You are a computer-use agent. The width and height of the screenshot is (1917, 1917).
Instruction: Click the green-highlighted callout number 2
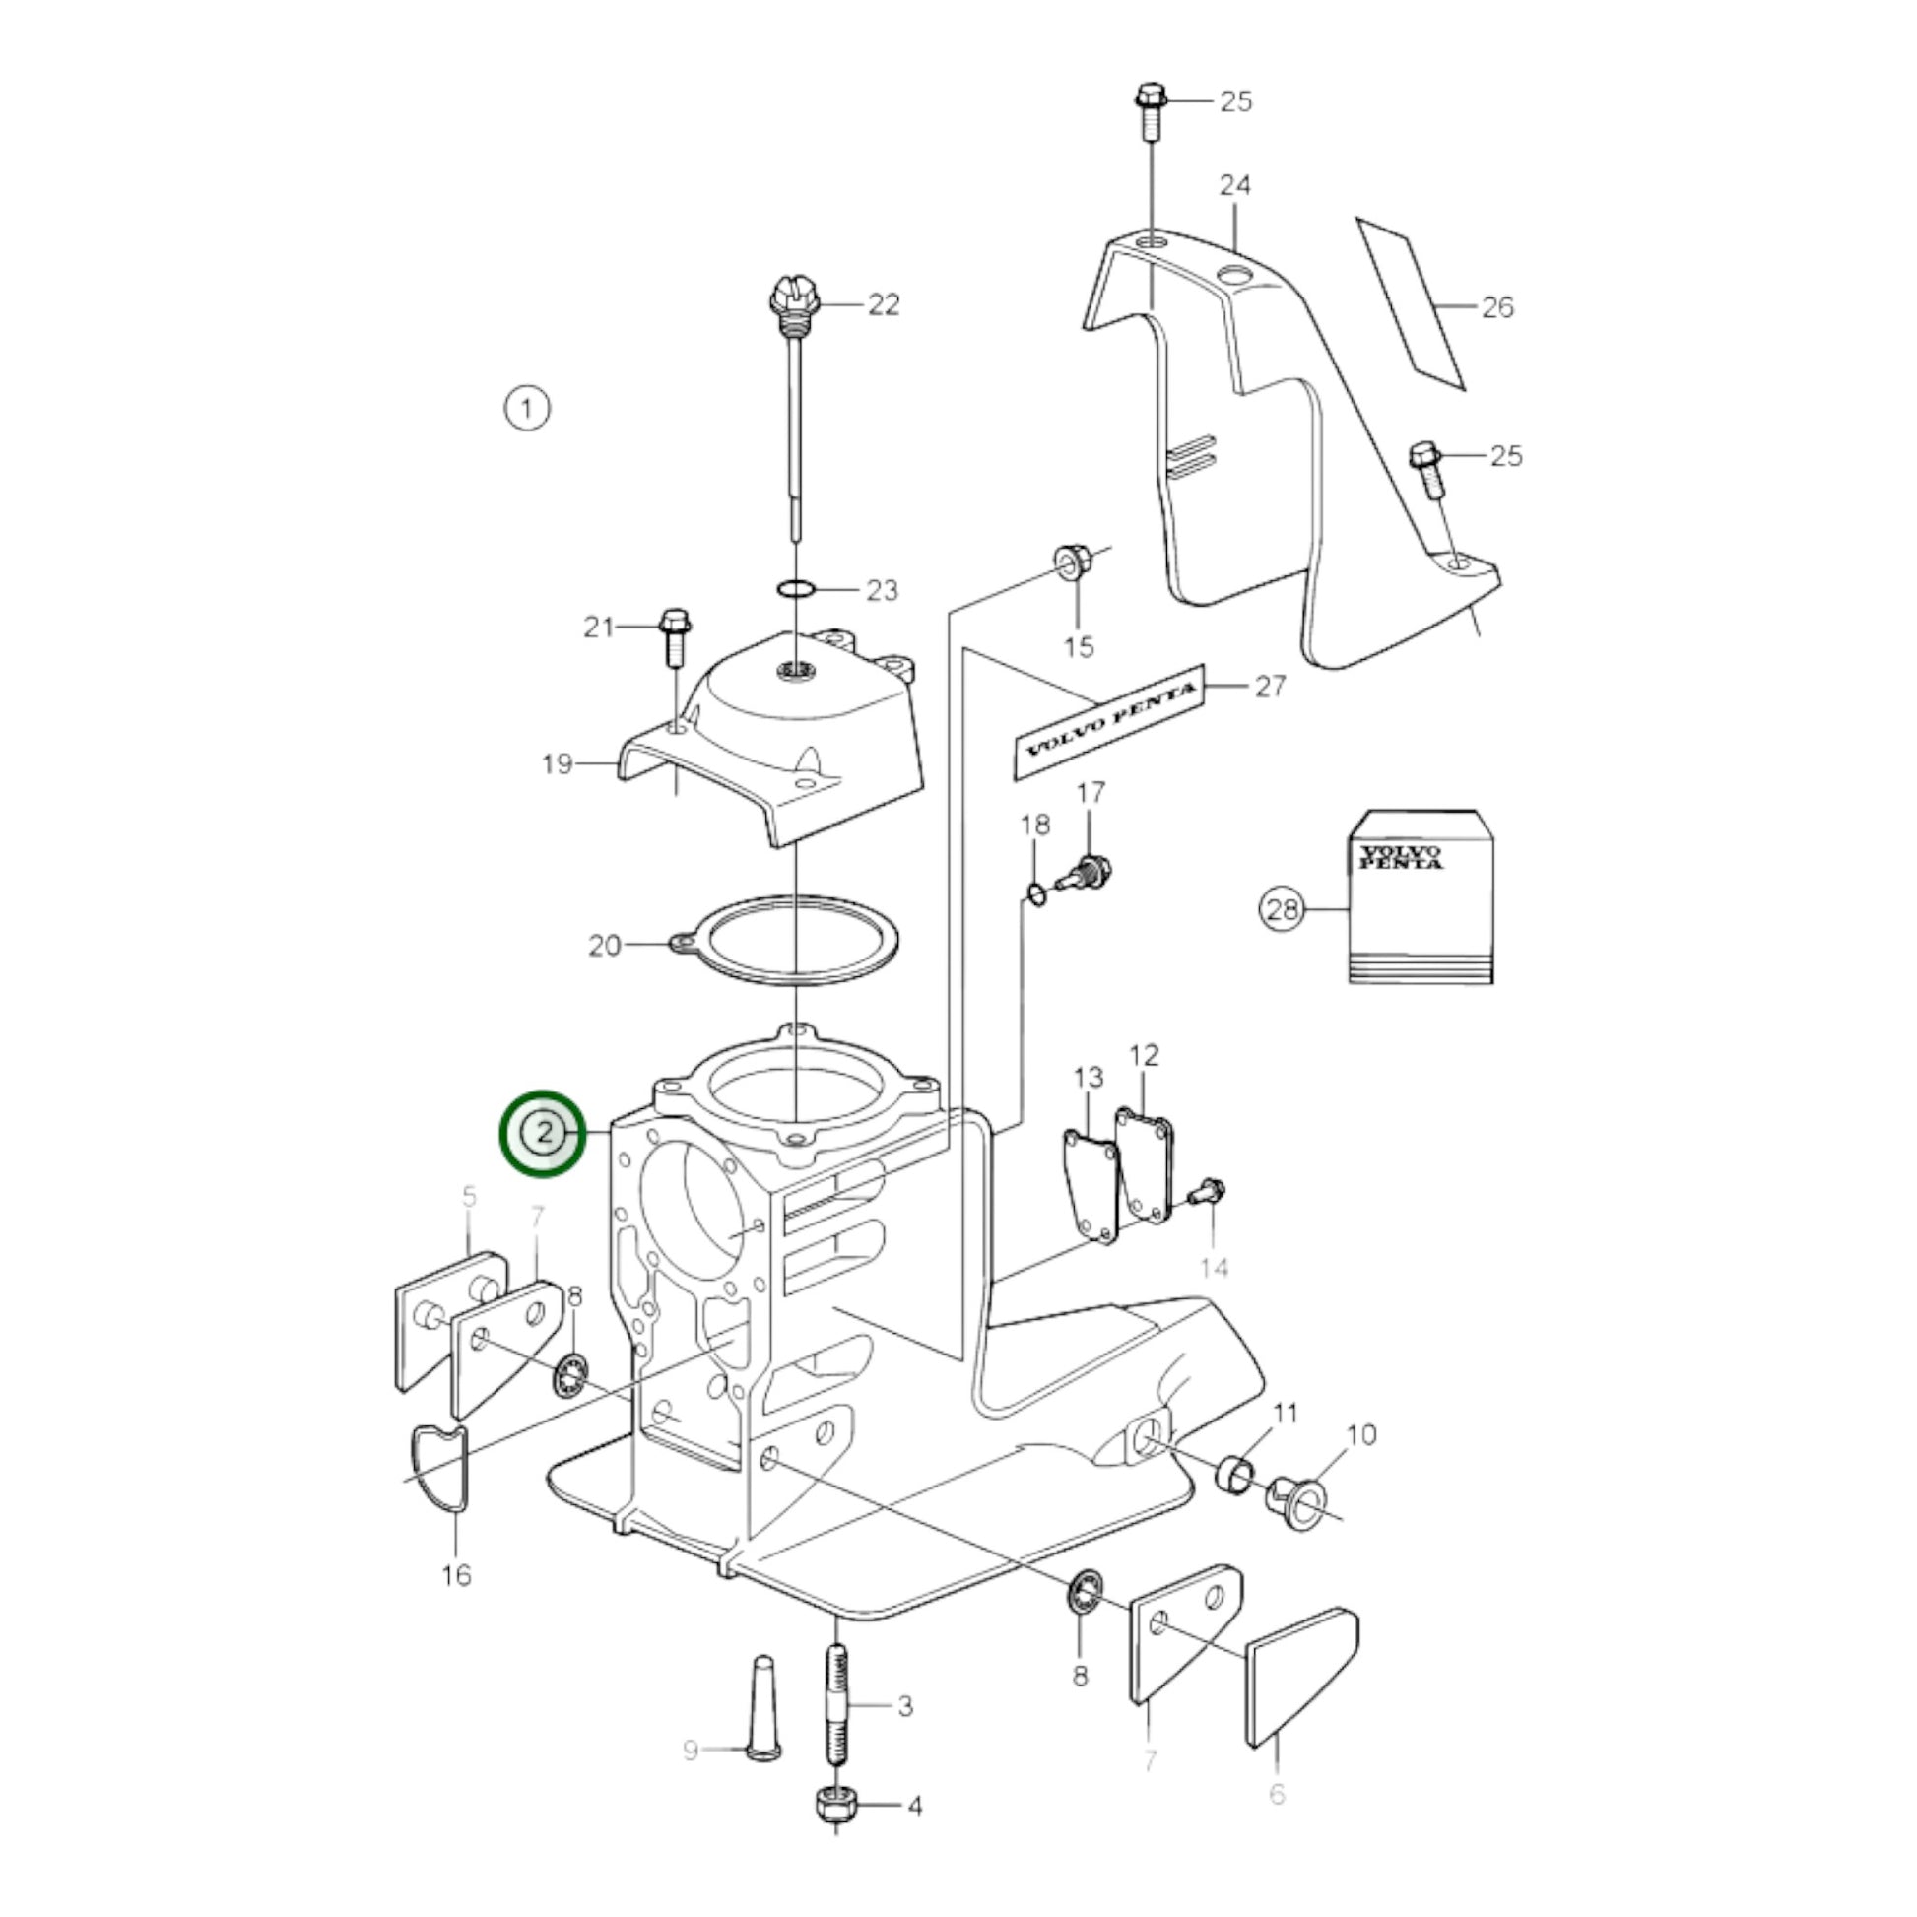(x=543, y=1134)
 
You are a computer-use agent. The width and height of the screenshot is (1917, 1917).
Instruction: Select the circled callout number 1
(x=527, y=408)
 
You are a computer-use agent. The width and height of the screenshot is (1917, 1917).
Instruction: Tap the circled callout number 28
(x=1282, y=909)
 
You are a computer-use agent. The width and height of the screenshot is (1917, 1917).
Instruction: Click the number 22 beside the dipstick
(x=883, y=304)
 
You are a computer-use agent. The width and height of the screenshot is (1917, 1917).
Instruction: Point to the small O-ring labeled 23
(x=797, y=589)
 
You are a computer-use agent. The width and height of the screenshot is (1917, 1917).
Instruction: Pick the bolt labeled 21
(x=675, y=636)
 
